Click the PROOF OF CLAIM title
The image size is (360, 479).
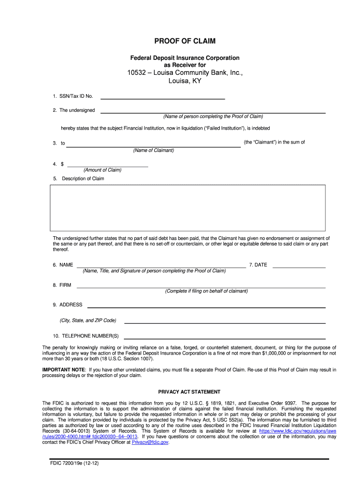[185, 41]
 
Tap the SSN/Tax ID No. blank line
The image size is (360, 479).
[163, 97]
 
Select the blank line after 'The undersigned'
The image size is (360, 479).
[213, 111]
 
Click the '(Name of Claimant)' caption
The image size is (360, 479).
[153, 150]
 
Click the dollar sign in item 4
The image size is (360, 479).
[62, 164]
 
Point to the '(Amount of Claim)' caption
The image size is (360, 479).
[102, 170]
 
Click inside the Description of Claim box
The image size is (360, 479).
[187, 208]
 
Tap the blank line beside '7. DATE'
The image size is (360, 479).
[299, 265]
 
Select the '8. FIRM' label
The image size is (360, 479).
[62, 285]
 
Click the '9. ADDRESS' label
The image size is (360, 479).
[67, 305]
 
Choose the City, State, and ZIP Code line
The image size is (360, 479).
[224, 321]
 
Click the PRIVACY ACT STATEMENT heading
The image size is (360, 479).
[189, 392]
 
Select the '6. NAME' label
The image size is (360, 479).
[63, 265]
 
